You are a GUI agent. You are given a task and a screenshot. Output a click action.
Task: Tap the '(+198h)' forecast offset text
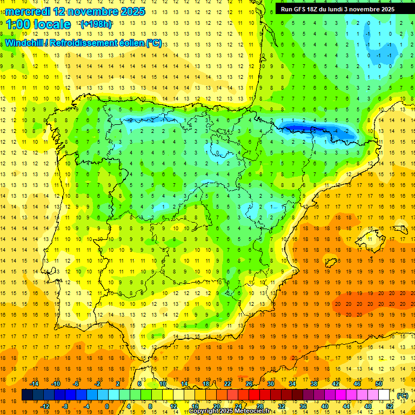coord(96,24)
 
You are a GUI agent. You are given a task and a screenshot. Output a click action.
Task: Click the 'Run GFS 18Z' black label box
coord(338,9)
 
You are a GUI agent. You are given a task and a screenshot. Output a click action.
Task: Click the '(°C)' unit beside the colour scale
coord(402,396)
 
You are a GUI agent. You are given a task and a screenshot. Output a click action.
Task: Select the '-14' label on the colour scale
coord(35,383)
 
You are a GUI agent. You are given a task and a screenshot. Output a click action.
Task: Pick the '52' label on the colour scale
coord(390,406)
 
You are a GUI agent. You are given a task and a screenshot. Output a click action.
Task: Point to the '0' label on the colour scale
coord(106,406)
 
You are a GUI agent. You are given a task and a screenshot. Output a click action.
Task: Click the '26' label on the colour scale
coord(249,383)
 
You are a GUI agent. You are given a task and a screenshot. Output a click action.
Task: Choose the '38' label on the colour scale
coord(313,383)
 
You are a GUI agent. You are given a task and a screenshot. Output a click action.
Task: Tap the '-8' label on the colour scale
coord(65,406)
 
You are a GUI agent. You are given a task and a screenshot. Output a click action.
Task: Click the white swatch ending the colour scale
coord(384,395)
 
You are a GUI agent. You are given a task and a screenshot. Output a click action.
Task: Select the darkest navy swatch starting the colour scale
coord(27,395)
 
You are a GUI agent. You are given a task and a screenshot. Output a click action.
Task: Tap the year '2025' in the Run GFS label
coord(383,9)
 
